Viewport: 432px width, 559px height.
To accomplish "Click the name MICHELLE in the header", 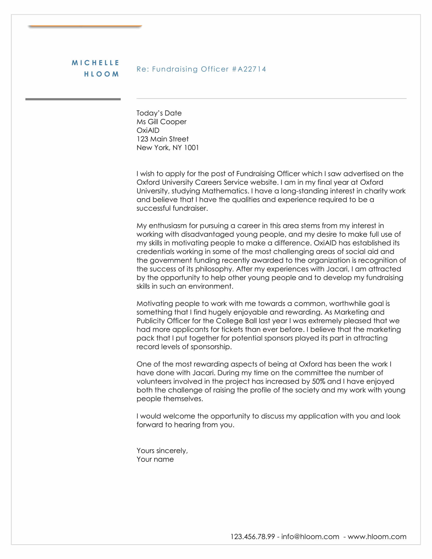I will [x=95, y=63].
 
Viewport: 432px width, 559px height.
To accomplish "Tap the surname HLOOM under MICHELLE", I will [x=102, y=74].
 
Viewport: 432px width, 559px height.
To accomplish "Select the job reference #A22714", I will [x=249, y=69].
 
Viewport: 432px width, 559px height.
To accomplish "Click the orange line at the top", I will [x=85, y=26].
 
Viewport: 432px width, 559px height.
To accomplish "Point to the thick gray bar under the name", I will [x=73, y=99].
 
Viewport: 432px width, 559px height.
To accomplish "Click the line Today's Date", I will [x=159, y=113].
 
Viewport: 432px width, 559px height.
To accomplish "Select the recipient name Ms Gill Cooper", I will [x=161, y=122].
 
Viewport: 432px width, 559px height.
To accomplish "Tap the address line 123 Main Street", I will [x=163, y=139].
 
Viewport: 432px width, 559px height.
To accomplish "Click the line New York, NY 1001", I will [x=168, y=148].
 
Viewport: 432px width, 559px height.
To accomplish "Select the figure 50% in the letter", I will [x=318, y=381].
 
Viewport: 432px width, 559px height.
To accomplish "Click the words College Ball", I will [x=236, y=321].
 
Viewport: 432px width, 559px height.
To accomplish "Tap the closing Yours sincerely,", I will [x=162, y=451].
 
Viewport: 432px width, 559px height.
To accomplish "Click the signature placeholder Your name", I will [x=155, y=459].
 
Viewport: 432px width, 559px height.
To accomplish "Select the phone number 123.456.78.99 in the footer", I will [x=253, y=536].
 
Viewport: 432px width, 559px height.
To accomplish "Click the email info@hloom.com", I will [x=310, y=536].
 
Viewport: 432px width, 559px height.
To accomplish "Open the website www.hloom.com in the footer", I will [x=377, y=536].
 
